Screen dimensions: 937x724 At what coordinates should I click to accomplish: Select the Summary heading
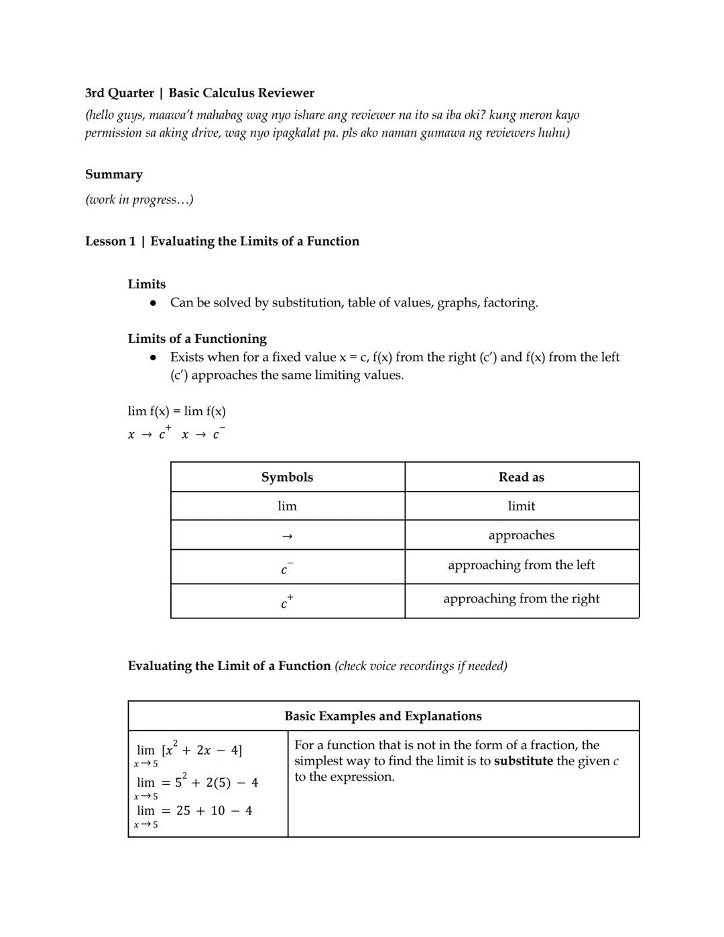[x=114, y=174]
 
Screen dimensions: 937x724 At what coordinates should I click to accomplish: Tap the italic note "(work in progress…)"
[x=139, y=200]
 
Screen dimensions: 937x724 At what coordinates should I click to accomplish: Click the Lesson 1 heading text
[x=222, y=241]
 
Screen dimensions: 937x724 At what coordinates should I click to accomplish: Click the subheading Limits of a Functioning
[x=197, y=339]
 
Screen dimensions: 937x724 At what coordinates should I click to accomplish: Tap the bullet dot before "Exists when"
[x=154, y=357]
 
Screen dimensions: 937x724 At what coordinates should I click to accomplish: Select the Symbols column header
[x=287, y=477]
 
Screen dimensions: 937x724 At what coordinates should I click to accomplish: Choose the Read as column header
[x=521, y=477]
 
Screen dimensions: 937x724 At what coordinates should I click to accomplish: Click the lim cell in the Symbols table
[x=287, y=506]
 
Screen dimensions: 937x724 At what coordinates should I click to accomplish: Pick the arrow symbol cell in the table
[x=287, y=536]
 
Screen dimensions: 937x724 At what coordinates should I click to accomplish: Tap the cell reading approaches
[x=521, y=535]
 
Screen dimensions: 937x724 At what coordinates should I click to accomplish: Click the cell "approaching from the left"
[x=521, y=565]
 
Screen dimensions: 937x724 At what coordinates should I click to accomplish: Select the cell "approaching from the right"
[x=521, y=598]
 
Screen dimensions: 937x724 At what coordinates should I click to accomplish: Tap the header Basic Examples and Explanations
[x=383, y=716]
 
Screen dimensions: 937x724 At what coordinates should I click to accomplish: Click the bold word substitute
[x=523, y=761]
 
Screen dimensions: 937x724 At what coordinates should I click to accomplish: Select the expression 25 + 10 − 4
[x=214, y=811]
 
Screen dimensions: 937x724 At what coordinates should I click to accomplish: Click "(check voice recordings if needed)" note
[x=421, y=666]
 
